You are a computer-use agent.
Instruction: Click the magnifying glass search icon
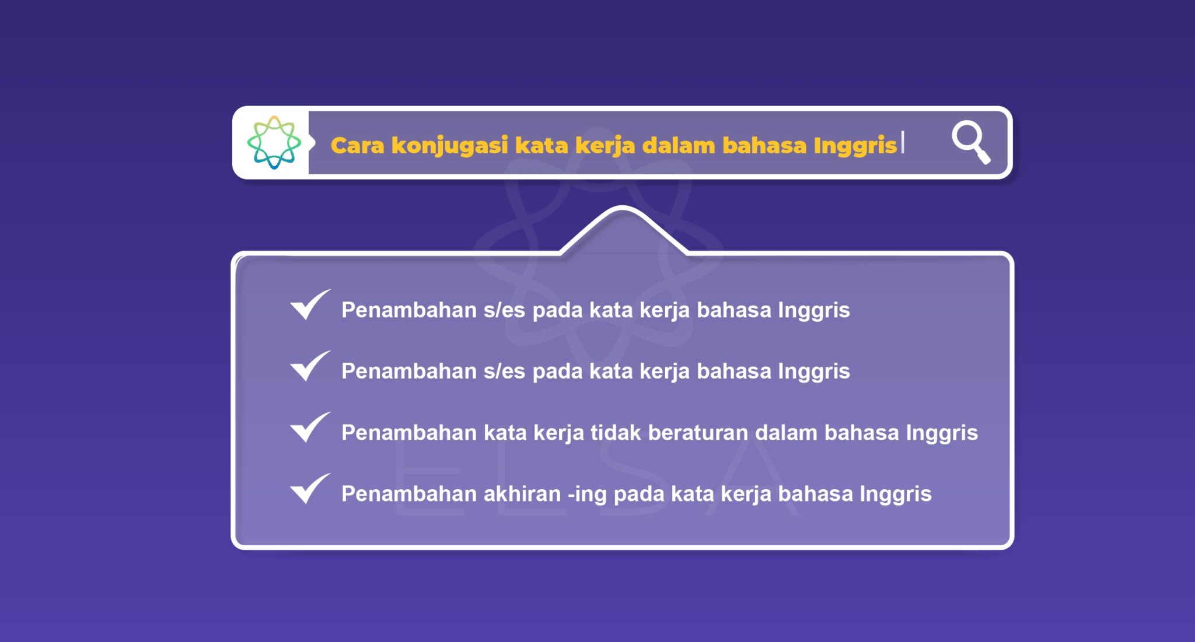[970, 142]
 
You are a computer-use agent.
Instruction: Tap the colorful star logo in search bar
[274, 142]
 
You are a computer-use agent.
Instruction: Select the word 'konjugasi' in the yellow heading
[449, 145]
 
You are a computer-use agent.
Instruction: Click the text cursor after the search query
[903, 142]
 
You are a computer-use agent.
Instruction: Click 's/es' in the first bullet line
[504, 310]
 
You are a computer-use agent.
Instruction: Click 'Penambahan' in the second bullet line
[408, 371]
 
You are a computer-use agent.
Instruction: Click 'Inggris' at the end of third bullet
[941, 433]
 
